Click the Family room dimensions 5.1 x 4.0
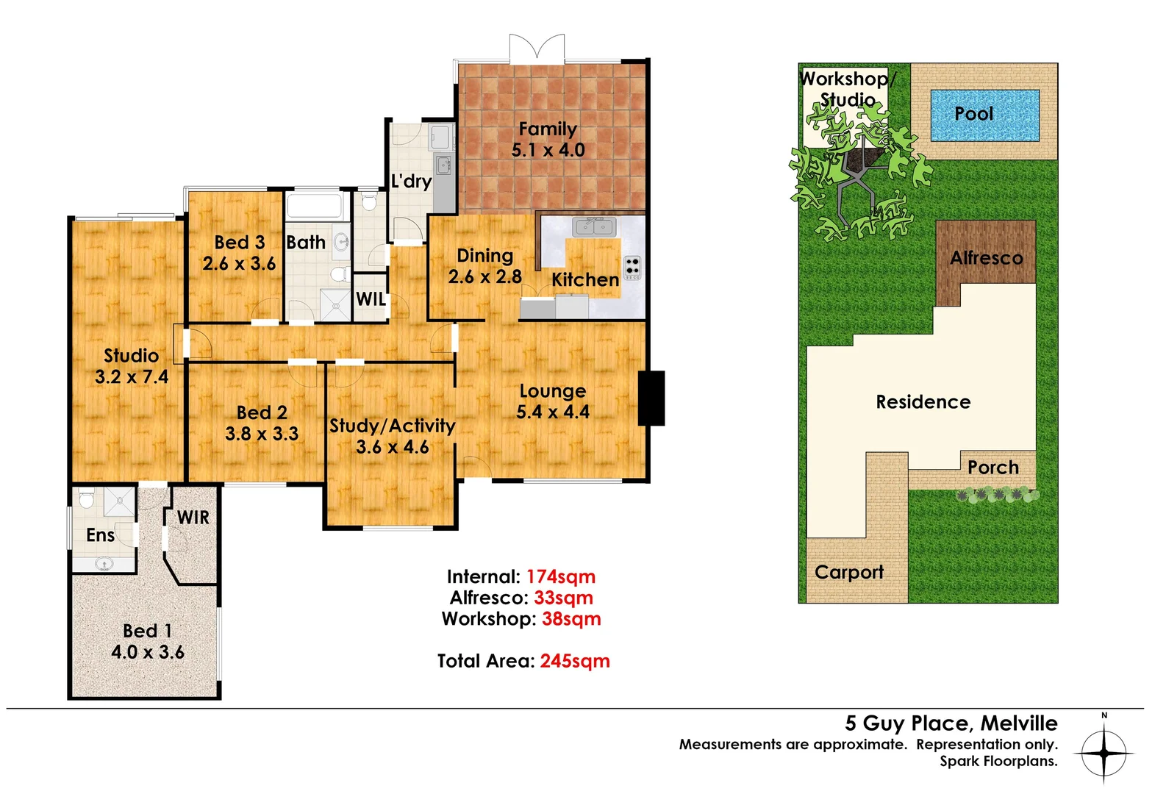click(548, 150)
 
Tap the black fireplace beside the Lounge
click(651, 398)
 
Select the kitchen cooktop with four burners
click(632, 268)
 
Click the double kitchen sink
click(594, 226)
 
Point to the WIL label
click(371, 299)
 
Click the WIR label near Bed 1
click(193, 518)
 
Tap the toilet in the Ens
click(86, 500)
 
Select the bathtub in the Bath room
click(314, 205)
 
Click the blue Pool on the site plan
click(984, 115)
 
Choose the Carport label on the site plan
click(849, 572)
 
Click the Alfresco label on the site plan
click(986, 258)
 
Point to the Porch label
click(992, 468)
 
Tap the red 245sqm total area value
click(575, 661)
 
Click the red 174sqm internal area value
click(561, 577)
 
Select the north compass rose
click(1104, 752)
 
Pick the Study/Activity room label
click(392, 426)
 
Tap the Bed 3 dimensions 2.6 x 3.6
click(239, 264)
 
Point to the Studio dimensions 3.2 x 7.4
click(132, 377)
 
